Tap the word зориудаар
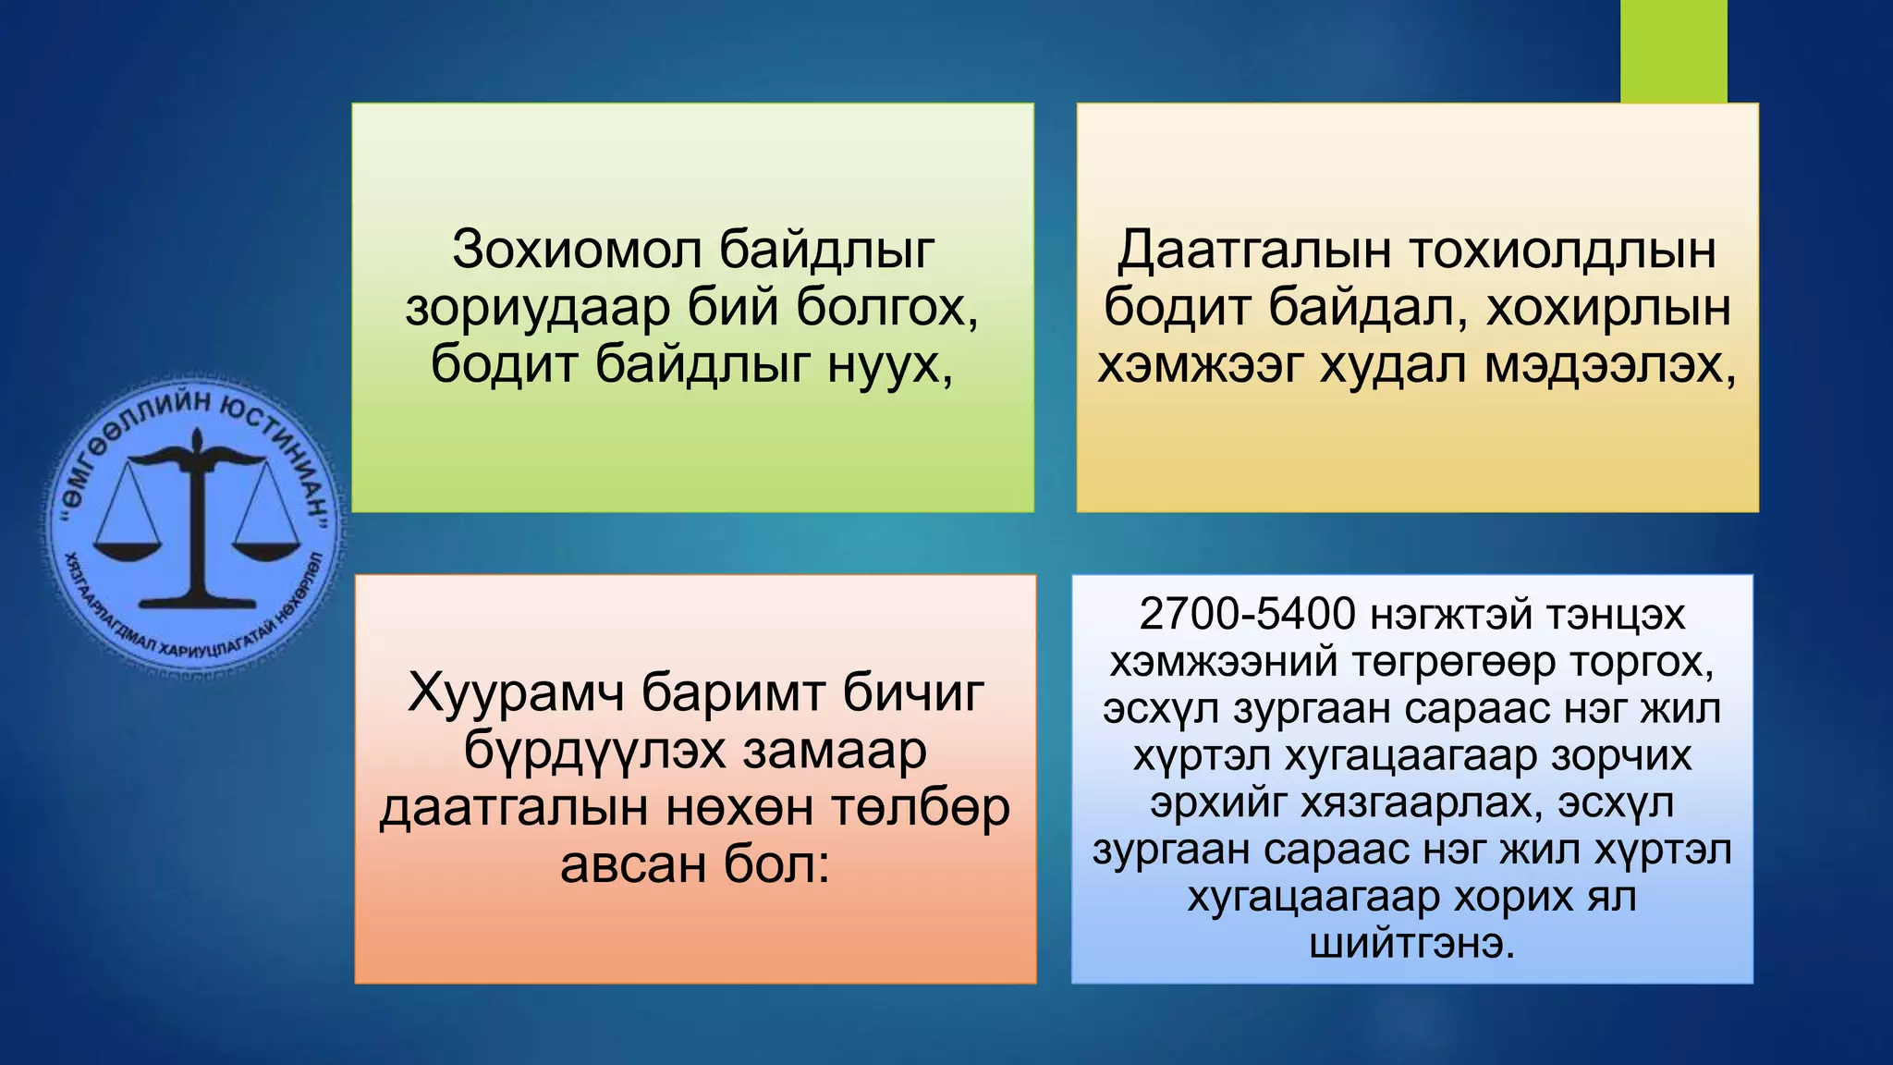(x=538, y=307)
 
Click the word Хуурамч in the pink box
(x=516, y=692)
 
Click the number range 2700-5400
(x=1247, y=614)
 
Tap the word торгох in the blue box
(x=1642, y=662)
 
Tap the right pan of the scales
(x=267, y=551)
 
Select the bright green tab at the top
(x=1673, y=51)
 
